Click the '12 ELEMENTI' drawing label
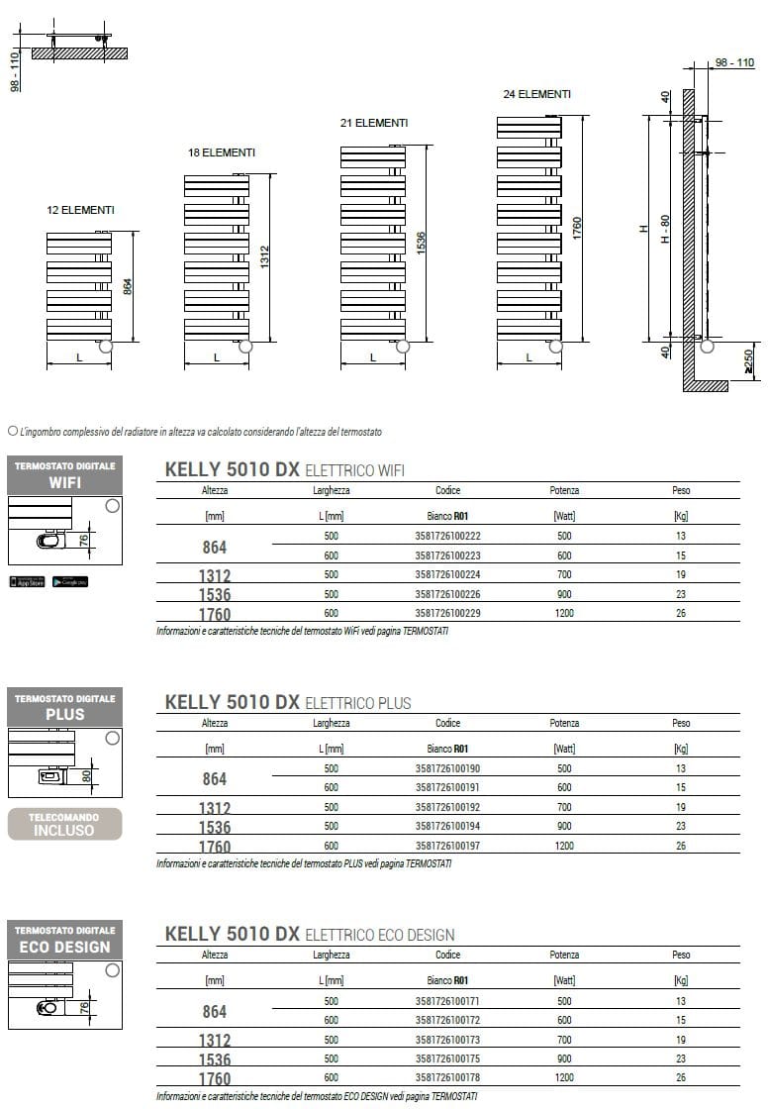(x=80, y=210)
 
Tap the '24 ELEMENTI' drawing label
(x=536, y=94)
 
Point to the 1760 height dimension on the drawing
(x=577, y=228)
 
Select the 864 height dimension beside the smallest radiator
(x=127, y=286)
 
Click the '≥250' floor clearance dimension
(x=749, y=362)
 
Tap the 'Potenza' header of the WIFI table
(x=564, y=490)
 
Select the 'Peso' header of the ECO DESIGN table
(x=681, y=955)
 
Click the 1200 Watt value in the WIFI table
(x=564, y=613)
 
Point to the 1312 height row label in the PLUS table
(x=215, y=808)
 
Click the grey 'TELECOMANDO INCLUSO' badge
(x=64, y=824)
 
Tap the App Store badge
(x=27, y=581)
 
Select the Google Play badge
(x=70, y=581)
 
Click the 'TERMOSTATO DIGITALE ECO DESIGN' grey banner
(x=64, y=940)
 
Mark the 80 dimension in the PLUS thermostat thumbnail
(x=86, y=775)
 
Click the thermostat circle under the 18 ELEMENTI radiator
(x=245, y=347)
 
